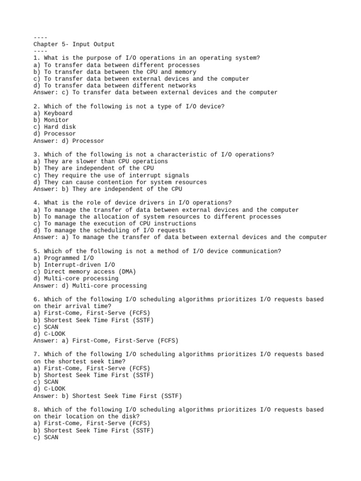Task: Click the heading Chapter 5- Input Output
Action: [x=74, y=44]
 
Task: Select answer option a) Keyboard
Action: [x=53, y=113]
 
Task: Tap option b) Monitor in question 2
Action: [x=51, y=120]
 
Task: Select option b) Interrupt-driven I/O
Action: [x=74, y=265]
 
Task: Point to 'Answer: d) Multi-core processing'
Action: [x=90, y=286]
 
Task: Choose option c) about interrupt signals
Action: [x=111, y=175]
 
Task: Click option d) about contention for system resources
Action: [x=120, y=182]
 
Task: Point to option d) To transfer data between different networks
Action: [x=115, y=85]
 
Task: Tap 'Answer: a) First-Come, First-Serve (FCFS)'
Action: [x=106, y=341]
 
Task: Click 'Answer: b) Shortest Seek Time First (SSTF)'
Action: [x=108, y=396]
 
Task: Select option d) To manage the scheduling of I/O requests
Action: [x=109, y=230]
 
